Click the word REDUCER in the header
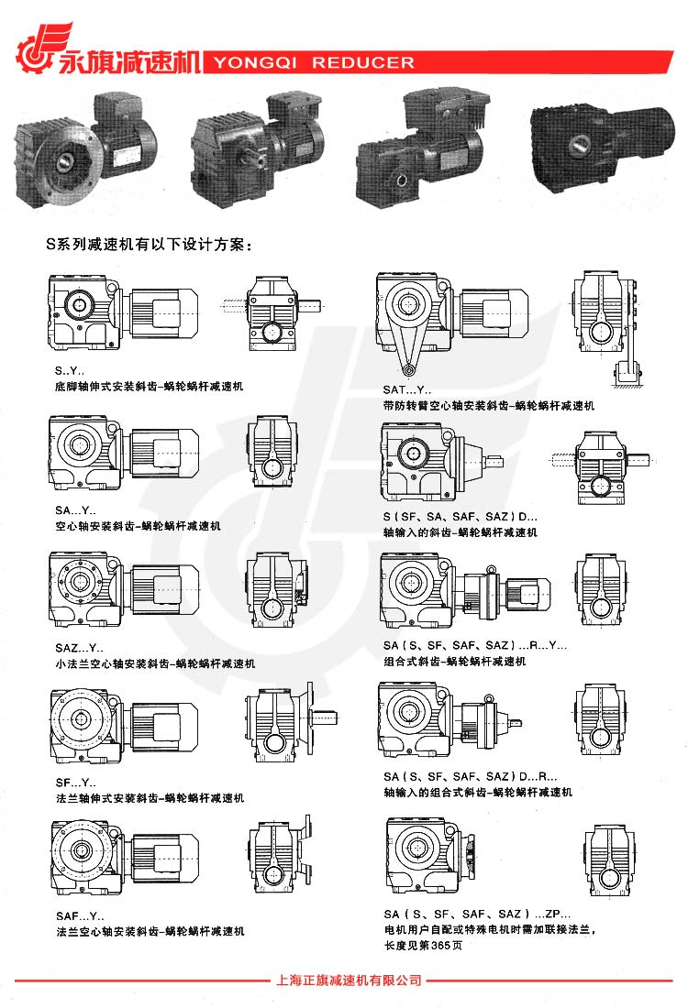[x=363, y=63]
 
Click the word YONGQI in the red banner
[x=255, y=63]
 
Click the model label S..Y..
[x=69, y=371]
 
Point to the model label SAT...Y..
[x=406, y=389]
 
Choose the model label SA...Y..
[x=75, y=510]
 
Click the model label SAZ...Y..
[x=79, y=648]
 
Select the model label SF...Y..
[x=75, y=783]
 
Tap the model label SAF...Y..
[x=80, y=916]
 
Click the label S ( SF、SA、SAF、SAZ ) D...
[x=461, y=516]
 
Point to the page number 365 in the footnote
[x=440, y=945]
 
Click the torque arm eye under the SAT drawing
[x=407, y=369]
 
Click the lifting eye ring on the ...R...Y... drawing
[x=492, y=569]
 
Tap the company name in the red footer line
[x=349, y=981]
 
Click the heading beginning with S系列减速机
[x=149, y=245]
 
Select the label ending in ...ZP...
[x=477, y=914]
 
